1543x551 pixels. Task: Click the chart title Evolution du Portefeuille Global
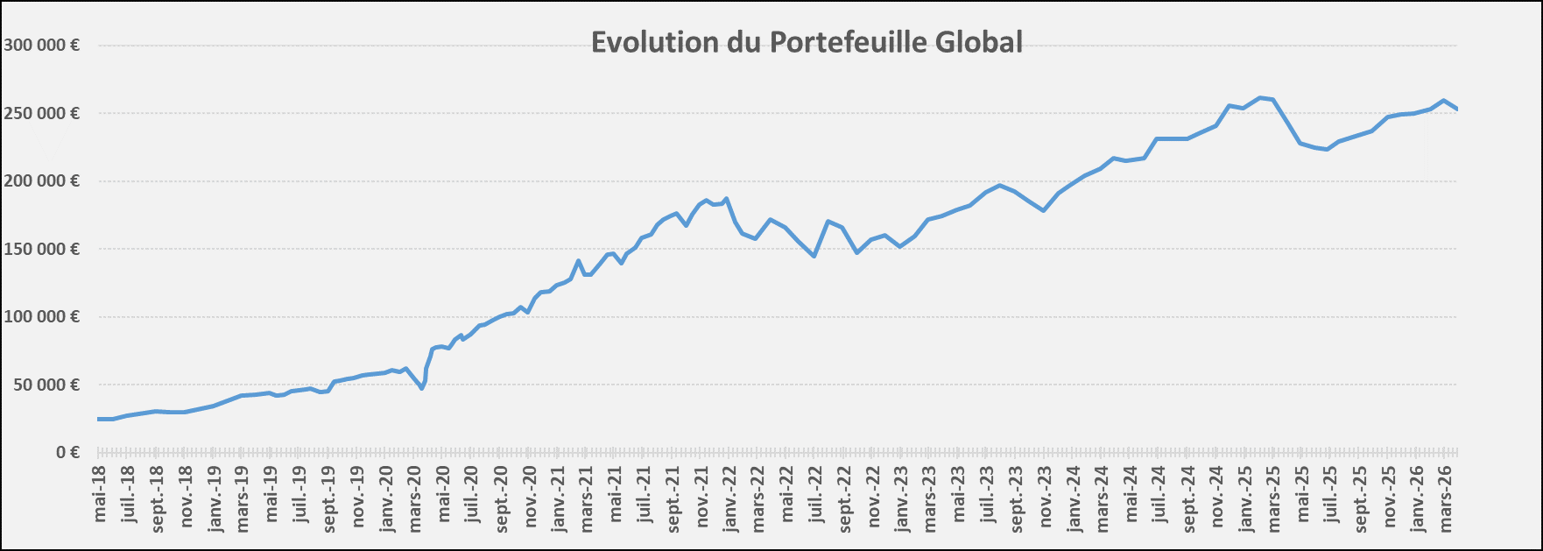(807, 42)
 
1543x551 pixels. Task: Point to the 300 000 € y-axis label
(41, 45)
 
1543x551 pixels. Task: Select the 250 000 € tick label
(41, 113)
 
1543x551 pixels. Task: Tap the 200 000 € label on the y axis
(41, 180)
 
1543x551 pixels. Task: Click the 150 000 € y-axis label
(41, 249)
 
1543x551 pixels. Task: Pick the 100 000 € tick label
(41, 316)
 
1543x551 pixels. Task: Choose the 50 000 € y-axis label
(46, 385)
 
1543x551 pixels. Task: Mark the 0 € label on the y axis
(68, 452)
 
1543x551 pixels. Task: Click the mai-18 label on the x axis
(100, 494)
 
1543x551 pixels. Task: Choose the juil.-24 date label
(1159, 495)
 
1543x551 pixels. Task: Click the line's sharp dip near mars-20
(422, 388)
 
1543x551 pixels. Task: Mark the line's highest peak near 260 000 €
(1259, 97)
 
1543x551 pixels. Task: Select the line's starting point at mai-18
(99, 419)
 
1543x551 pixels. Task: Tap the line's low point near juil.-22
(814, 256)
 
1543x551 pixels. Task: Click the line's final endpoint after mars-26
(1456, 109)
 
